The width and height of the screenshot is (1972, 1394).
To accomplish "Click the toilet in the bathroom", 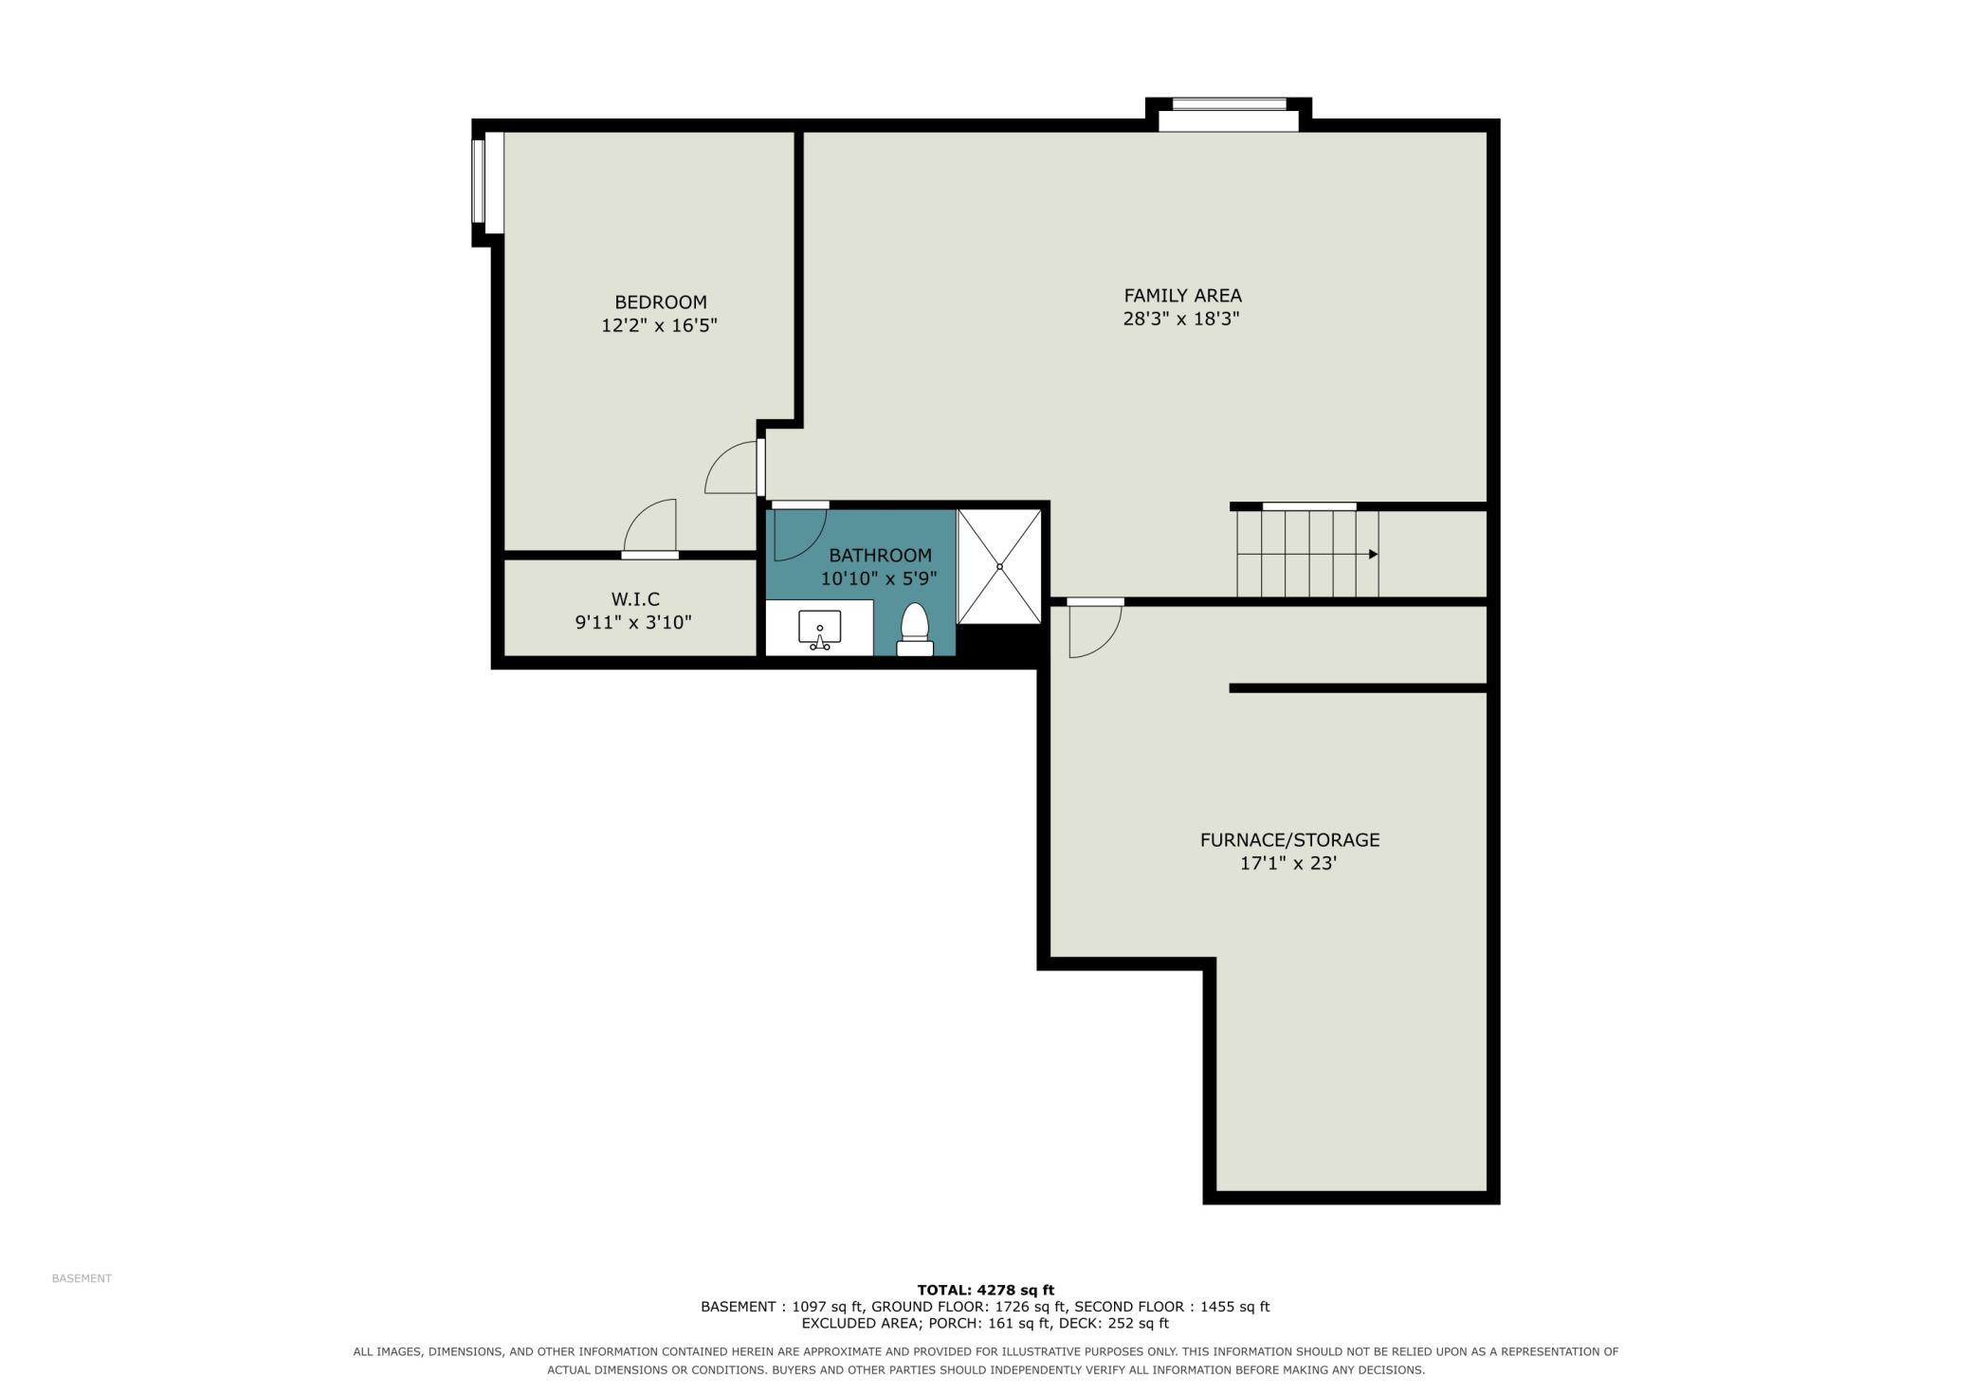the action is pos(915,630).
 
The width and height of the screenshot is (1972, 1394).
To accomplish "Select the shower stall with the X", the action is pos(999,567).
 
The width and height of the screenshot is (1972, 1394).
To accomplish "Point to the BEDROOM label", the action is pos(661,303).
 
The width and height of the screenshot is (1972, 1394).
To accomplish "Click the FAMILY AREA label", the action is pos(1182,296).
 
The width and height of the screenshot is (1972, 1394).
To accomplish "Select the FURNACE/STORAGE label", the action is pos(1289,840).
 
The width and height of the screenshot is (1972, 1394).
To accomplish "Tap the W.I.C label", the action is pos(635,599).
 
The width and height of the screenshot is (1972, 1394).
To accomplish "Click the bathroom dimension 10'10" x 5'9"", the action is pos(880,578).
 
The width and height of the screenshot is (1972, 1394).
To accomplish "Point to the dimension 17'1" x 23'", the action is pos(1288,864).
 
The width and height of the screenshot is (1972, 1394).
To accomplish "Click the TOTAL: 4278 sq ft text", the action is pos(985,1290).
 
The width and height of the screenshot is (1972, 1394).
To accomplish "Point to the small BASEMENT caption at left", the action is pos(82,1278).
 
